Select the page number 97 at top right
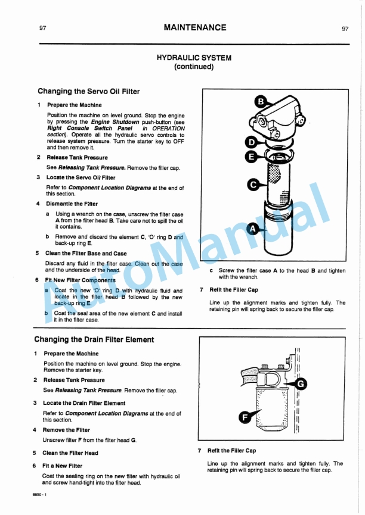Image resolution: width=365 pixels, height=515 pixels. (x=345, y=29)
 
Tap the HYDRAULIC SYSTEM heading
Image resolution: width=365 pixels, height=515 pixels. (x=194, y=58)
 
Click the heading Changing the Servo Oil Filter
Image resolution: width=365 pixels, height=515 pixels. (x=89, y=92)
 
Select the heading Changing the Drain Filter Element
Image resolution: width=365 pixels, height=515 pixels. (x=94, y=340)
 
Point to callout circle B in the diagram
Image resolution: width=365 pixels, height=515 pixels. (x=261, y=102)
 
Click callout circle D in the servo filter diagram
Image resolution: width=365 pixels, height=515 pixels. (x=252, y=142)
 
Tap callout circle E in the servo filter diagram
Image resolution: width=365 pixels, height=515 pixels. (x=252, y=157)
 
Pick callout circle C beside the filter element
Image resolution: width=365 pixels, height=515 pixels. (x=254, y=185)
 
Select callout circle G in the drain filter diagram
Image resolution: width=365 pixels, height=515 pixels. (x=301, y=384)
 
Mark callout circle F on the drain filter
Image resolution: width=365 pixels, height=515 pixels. (x=245, y=417)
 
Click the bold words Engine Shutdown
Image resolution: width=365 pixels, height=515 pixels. (x=115, y=121)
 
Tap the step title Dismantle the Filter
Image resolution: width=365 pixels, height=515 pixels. (x=72, y=204)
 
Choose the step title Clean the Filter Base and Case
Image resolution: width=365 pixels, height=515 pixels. (x=86, y=253)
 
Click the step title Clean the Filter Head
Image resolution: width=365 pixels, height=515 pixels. (x=70, y=453)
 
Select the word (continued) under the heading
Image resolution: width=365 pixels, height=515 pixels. (x=194, y=67)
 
